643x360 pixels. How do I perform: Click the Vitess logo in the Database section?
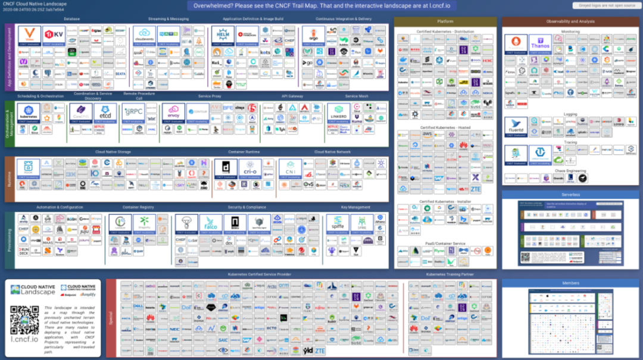[x=29, y=35]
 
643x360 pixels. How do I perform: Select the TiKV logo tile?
[x=54, y=35]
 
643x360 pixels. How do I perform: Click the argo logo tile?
[x=313, y=35]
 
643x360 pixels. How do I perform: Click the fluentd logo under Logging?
[x=516, y=126]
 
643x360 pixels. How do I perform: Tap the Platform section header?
[x=445, y=21]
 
